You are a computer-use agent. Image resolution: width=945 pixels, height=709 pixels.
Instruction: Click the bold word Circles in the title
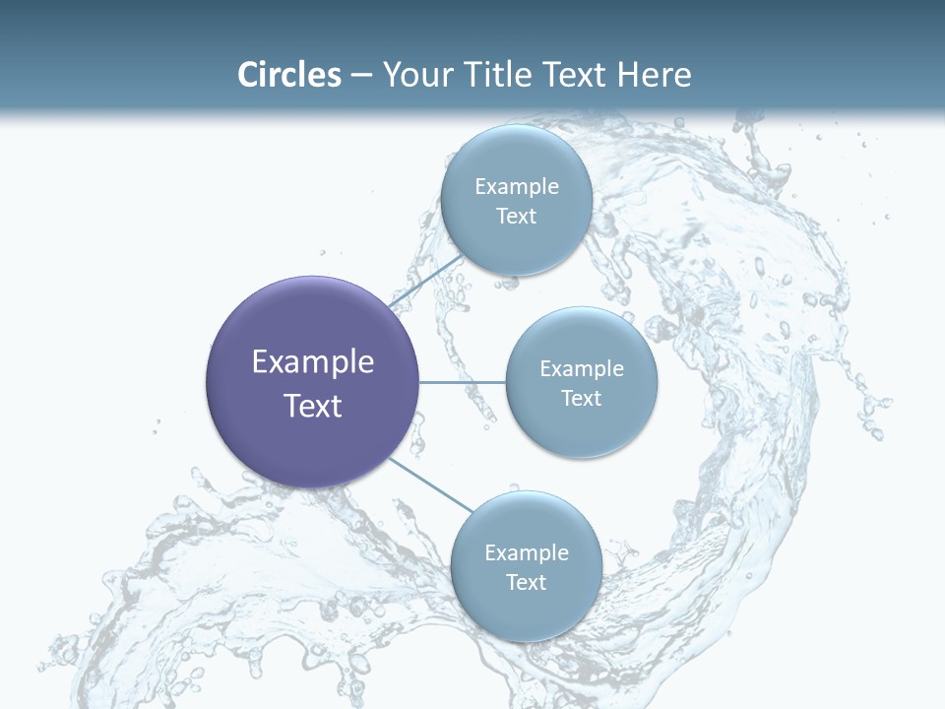click(288, 75)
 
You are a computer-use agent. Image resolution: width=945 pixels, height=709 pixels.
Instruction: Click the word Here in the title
click(655, 75)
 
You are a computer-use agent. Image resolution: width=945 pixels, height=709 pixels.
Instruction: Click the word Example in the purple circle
click(313, 362)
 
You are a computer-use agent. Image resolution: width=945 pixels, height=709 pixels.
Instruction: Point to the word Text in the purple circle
click(313, 406)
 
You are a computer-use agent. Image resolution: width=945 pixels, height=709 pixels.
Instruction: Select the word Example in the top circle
click(516, 186)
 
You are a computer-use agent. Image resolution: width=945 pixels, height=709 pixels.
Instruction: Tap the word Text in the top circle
click(516, 216)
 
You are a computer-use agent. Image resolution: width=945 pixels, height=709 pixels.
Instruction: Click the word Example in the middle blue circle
click(581, 368)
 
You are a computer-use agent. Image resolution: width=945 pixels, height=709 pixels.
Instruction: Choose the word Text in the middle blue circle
click(581, 398)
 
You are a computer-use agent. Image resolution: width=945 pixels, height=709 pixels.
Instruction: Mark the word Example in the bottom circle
click(526, 552)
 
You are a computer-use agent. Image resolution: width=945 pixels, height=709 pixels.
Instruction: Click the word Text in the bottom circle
click(526, 582)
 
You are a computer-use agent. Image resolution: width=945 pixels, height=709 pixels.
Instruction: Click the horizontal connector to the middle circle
click(462, 382)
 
